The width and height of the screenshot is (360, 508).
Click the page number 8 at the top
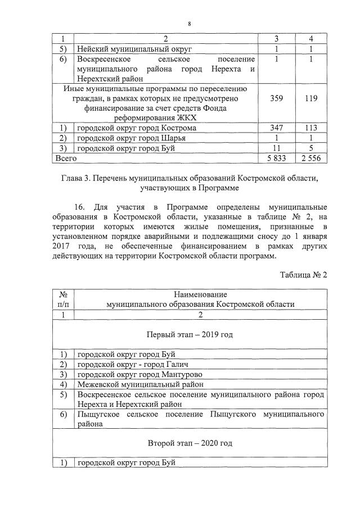pyautogui.click(x=190, y=24)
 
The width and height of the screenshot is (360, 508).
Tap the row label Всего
pyautogui.click(x=64, y=159)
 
